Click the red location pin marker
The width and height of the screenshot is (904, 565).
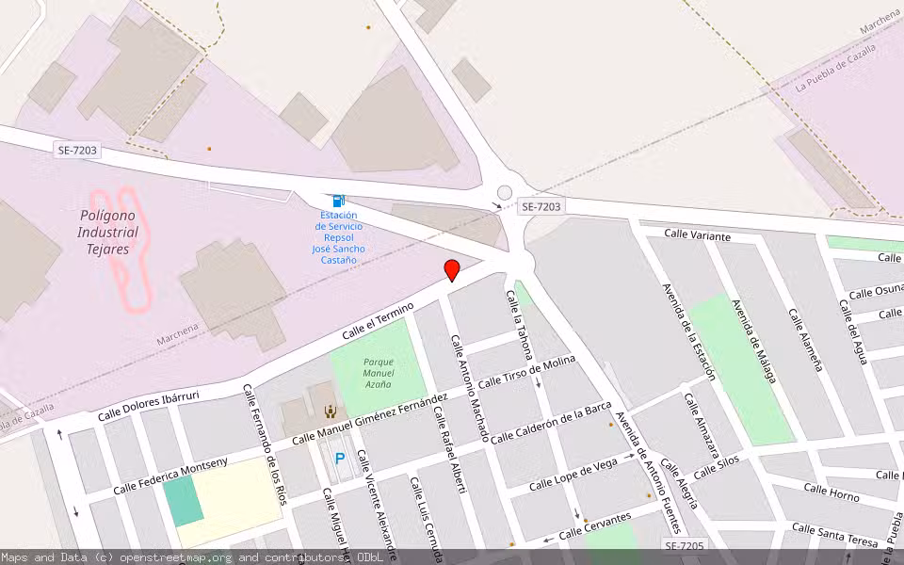click(452, 270)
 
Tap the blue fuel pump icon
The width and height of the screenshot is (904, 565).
click(338, 200)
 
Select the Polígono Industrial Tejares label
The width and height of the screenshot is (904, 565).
click(108, 232)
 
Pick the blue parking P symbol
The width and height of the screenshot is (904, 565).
click(339, 459)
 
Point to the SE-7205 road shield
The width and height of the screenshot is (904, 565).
click(684, 546)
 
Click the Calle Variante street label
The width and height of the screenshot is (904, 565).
click(697, 235)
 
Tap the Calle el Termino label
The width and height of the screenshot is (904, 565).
click(378, 321)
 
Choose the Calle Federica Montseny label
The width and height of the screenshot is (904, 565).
click(170, 476)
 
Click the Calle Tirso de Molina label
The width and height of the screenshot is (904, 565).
click(526, 372)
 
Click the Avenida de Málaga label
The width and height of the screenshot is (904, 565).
click(753, 341)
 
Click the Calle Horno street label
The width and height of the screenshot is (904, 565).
click(831, 492)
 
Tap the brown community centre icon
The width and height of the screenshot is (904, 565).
click(331, 411)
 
